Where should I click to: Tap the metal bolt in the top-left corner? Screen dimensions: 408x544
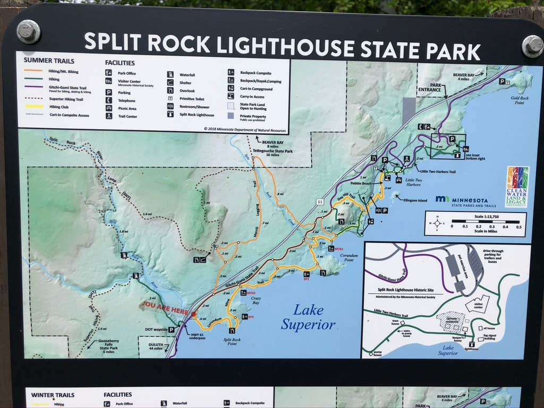(x=28, y=31)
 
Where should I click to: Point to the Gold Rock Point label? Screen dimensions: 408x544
(x=517, y=100)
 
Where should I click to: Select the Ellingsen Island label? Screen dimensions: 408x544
(x=415, y=200)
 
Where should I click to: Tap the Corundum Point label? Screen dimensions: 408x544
(x=348, y=258)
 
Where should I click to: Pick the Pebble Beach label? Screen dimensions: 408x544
(x=361, y=183)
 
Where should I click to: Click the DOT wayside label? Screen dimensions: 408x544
(x=156, y=329)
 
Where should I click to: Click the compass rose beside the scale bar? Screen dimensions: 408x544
(x=437, y=223)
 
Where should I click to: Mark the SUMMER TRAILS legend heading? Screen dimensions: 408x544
(x=49, y=61)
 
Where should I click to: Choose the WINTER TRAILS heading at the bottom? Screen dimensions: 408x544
(x=53, y=395)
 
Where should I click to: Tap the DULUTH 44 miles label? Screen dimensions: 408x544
(x=155, y=346)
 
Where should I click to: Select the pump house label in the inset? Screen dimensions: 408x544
(x=374, y=353)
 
